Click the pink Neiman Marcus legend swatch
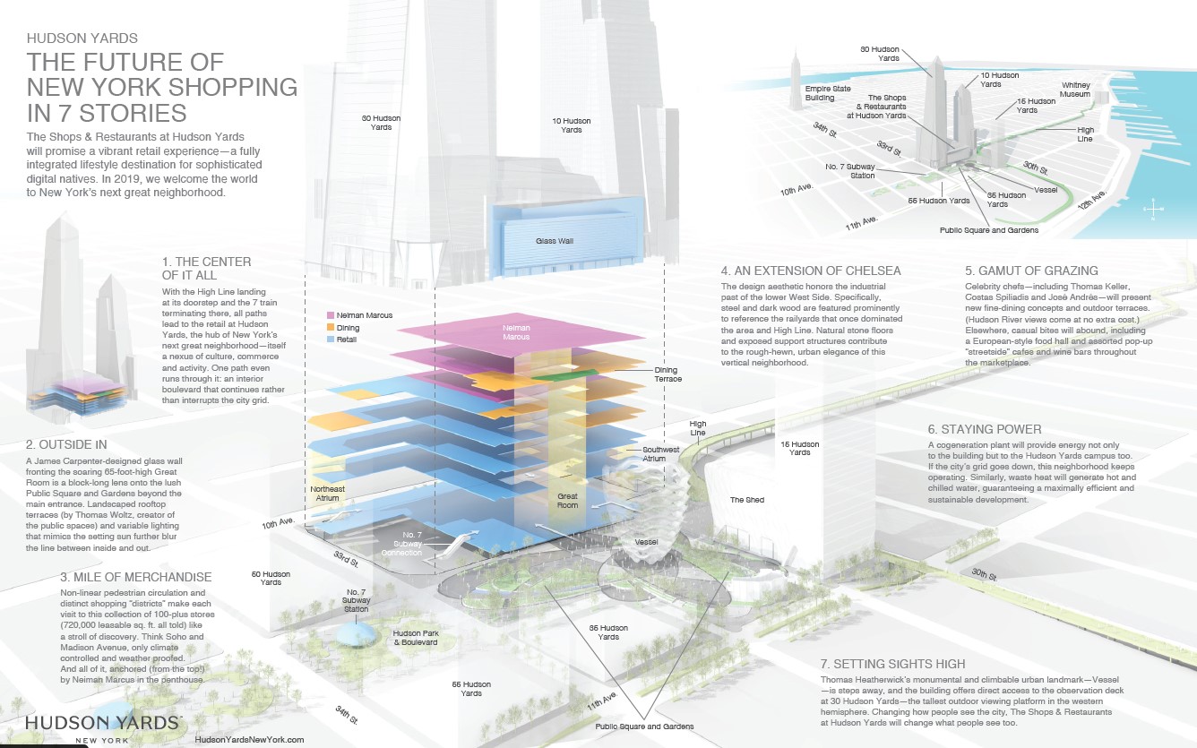[331, 316]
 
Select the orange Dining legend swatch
[331, 328]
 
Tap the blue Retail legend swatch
[331, 340]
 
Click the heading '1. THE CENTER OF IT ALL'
[207, 268]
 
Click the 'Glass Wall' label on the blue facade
[554, 242]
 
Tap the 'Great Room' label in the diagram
[567, 499]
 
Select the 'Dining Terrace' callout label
[666, 374]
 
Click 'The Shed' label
[746, 500]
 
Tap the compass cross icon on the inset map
[1154, 210]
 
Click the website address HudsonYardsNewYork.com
[249, 740]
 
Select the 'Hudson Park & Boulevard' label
[415, 637]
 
